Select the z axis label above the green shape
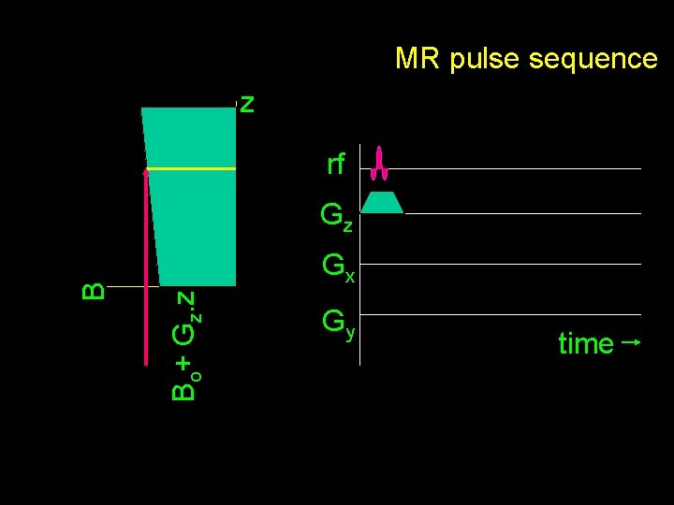pos(246,103)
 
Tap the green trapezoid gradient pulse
pos(382,202)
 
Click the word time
pos(585,344)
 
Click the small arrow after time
pos(630,342)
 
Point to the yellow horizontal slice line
pos(192,168)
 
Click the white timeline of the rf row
pos(515,168)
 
